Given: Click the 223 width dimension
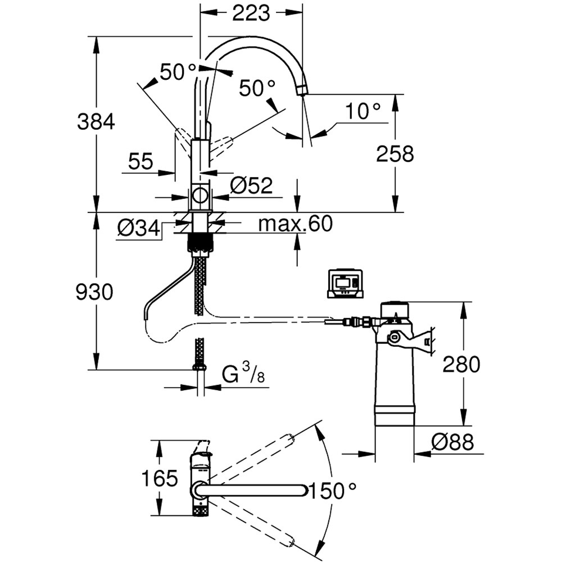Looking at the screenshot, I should click(x=251, y=13).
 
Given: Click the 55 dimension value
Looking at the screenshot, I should click(x=140, y=162).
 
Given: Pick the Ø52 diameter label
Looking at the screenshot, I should click(x=251, y=185).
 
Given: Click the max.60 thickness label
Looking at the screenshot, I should click(x=295, y=224).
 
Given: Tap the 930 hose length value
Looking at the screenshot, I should click(x=94, y=292).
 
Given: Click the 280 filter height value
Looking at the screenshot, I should click(x=461, y=365).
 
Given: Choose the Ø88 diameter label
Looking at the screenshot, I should click(x=452, y=443).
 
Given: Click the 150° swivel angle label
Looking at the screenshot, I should click(x=334, y=491).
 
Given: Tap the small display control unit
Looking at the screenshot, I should click(x=345, y=284).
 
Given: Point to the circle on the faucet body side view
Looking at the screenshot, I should click(x=200, y=196).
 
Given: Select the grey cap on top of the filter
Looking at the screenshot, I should click(x=398, y=309).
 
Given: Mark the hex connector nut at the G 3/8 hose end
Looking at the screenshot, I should click(x=198, y=368).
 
